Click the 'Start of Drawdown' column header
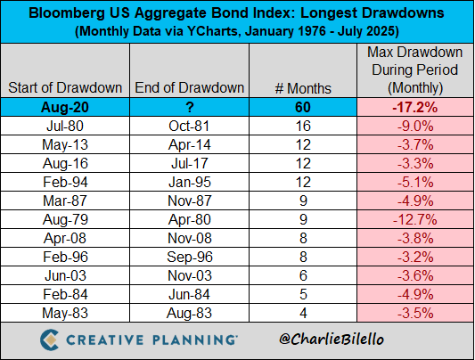65,88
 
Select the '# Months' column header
303,88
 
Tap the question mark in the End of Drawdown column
190,107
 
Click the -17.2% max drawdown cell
415,107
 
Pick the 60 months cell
303,107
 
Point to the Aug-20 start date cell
65,107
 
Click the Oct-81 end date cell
189,126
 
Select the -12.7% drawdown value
415,219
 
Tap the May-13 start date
65,144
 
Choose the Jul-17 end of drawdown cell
190,163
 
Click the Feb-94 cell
65,183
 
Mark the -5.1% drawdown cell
415,183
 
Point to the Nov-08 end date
190,238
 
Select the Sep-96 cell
190,257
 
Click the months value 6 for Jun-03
303,276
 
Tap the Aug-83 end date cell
189,313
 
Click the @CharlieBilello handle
332,340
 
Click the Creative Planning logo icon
49,340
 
